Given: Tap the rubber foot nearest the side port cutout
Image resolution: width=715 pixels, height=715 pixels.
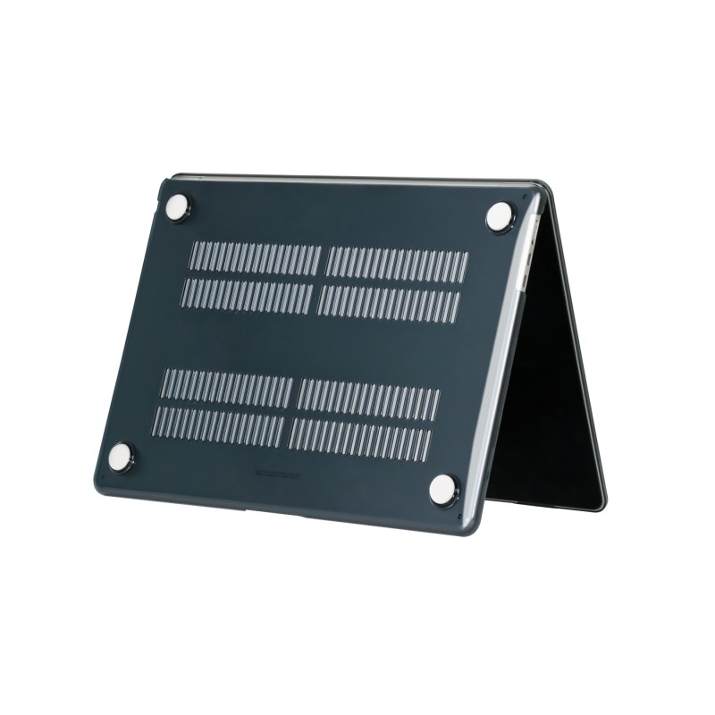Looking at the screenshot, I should tap(499, 214).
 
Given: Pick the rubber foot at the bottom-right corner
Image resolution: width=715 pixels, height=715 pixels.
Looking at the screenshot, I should tap(442, 488).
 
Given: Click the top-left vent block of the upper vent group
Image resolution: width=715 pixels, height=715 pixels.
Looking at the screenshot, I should tap(255, 258).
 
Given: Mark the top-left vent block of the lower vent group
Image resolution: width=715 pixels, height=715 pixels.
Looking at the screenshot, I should tap(228, 387).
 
